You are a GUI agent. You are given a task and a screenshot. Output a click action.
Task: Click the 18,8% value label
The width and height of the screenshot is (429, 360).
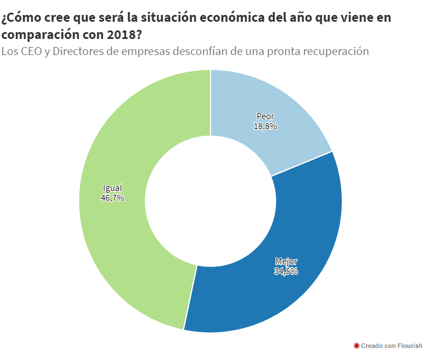coord(266,126)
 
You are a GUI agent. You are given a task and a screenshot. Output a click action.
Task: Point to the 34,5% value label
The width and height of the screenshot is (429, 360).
coord(286,271)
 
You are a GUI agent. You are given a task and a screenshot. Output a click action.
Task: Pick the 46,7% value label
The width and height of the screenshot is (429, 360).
coord(112,198)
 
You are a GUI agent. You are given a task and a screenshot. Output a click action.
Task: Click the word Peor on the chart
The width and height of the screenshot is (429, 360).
coord(266,116)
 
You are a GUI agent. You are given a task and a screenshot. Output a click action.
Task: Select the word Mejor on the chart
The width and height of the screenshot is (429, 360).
coord(286,261)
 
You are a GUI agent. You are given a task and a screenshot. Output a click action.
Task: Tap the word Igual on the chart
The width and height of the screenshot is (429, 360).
coord(112,188)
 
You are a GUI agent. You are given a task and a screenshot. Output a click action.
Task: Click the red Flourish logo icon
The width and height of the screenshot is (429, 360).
coord(356,346)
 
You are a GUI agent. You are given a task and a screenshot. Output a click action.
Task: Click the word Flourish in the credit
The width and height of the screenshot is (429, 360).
coord(409,346)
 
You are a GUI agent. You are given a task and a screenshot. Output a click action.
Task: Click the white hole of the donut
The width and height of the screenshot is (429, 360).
coord(210,201)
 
